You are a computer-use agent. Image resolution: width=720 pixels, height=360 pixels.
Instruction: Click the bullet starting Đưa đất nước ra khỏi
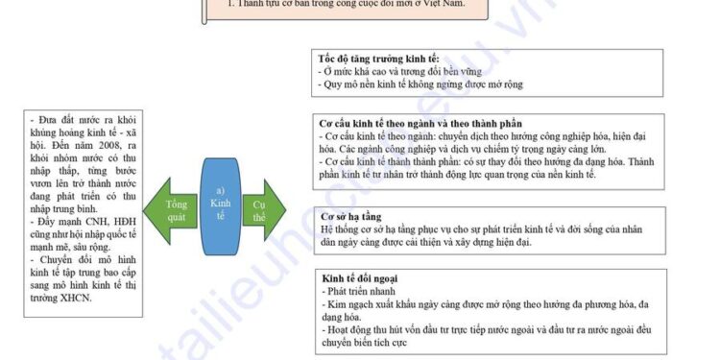click(83, 119)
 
